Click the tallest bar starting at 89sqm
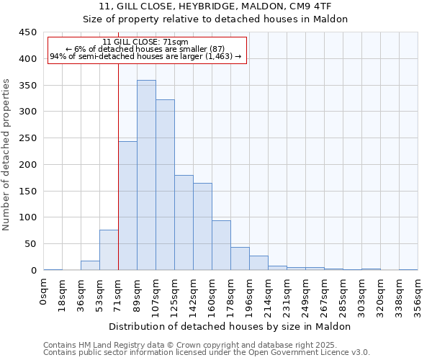click(146, 175)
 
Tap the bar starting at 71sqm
click(127, 206)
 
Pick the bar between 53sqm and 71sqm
click(109, 250)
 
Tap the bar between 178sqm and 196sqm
click(240, 258)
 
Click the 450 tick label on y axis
click(27, 32)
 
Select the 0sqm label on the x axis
click(44, 292)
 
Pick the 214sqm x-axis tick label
click(268, 294)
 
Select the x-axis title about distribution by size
click(230, 326)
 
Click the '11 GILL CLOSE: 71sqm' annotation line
click(146, 42)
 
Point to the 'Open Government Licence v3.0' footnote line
click(207, 352)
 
